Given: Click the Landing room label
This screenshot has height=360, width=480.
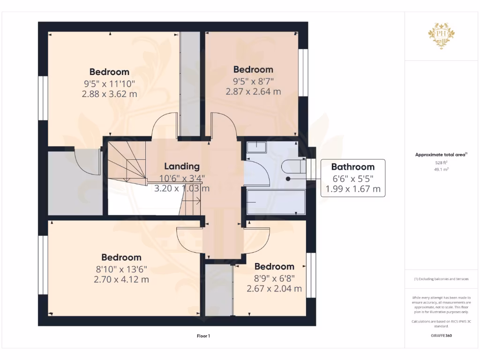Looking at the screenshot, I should click(x=181, y=166).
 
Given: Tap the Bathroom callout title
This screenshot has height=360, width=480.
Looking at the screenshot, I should click(x=352, y=166).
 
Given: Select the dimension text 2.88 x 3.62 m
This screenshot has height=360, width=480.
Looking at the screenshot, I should click(x=109, y=94).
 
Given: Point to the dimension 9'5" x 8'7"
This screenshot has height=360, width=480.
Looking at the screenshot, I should click(x=253, y=81).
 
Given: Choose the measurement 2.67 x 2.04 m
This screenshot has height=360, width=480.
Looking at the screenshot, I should click(x=274, y=288).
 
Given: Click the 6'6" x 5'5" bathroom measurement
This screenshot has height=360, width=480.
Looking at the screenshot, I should click(x=352, y=179).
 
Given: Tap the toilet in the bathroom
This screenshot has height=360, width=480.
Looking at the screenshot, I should click(x=293, y=167).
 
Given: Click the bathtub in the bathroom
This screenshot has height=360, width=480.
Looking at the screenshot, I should click(x=276, y=202).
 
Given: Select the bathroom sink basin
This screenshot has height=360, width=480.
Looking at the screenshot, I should click(x=256, y=148).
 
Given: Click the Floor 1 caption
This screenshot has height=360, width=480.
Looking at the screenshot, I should click(x=203, y=336).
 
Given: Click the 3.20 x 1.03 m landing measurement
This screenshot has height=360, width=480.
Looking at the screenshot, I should click(x=181, y=188).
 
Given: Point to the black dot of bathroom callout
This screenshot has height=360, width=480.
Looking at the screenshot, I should click(x=288, y=179).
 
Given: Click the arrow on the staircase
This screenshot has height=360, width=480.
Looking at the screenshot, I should click(x=199, y=202).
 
